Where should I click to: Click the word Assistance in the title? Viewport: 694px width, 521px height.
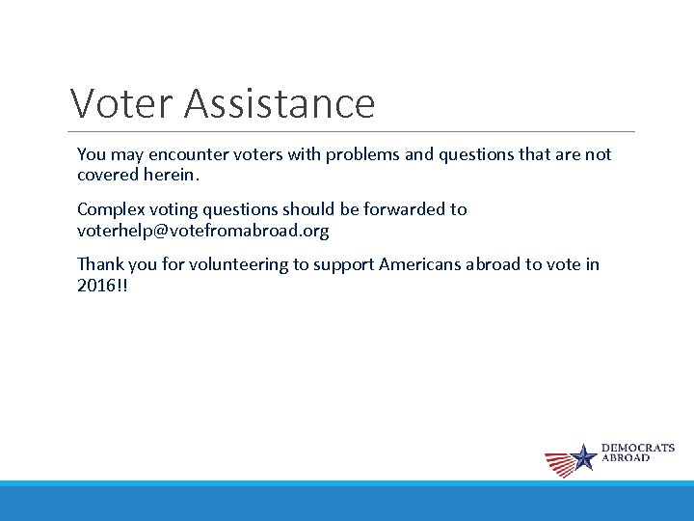[280, 102]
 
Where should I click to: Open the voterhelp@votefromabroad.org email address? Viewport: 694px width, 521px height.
[202, 232]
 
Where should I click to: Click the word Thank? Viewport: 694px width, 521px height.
[99, 264]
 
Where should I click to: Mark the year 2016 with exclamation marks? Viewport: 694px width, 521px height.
[101, 287]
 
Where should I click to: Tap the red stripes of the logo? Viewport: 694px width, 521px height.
[559, 464]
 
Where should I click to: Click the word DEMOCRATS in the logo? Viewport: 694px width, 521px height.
[638, 449]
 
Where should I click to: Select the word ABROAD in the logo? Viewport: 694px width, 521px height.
[626, 458]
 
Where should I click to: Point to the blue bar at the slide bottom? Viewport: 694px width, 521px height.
[347, 502]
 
